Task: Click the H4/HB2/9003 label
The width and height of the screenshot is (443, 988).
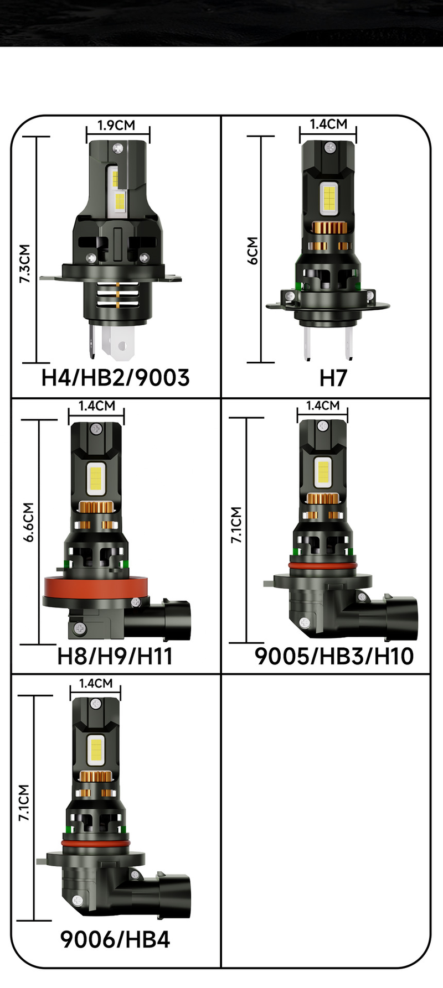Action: coord(115,378)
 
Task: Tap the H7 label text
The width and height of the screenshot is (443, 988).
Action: coord(333,378)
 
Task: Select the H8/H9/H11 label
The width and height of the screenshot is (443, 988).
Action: coord(115,656)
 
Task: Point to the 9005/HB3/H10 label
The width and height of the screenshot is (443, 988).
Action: coord(334,656)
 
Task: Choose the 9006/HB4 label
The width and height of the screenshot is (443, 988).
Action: coord(115,939)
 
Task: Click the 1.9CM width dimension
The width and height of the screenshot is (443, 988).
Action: coord(116,126)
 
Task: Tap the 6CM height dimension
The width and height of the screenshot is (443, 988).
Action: coord(253,251)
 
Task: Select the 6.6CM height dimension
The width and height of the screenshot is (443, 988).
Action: coord(28,522)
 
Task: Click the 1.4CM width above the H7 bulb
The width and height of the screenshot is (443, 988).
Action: coord(328,124)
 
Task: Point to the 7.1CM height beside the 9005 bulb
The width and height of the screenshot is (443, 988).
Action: coord(236,524)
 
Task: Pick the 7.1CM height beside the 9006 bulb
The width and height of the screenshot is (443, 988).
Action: coord(24,802)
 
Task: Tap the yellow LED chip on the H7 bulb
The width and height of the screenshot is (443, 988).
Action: coord(329,197)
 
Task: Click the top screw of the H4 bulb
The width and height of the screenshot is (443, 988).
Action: coord(117,148)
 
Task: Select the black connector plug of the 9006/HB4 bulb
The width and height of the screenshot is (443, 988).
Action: coord(174,892)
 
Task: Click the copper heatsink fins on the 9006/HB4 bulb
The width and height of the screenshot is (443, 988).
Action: coord(95,776)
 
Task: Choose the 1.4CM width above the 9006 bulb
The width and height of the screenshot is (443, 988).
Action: coord(95,683)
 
